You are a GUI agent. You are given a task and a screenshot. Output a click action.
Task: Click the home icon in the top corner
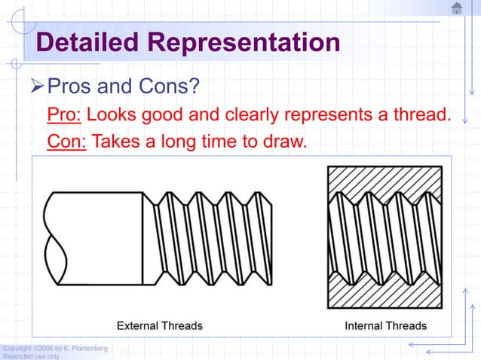[457, 9]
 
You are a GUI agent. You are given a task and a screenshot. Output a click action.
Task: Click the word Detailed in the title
[89, 43]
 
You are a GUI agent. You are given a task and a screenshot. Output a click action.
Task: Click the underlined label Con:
[66, 142]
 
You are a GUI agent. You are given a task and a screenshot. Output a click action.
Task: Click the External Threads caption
[159, 326]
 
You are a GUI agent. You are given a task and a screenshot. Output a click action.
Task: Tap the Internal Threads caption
[385, 326]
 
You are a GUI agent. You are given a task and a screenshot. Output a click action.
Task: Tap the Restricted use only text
[30, 356]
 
